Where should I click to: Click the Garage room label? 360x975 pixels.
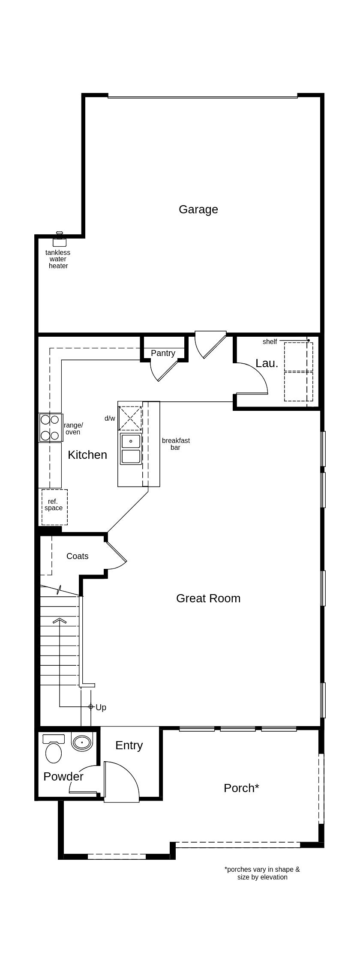click(x=198, y=209)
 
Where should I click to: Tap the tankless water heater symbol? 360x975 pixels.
click(x=60, y=241)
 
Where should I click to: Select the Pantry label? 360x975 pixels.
click(x=163, y=353)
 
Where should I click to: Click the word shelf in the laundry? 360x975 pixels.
click(x=270, y=341)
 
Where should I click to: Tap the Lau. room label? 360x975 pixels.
click(x=267, y=363)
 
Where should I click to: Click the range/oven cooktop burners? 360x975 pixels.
click(x=50, y=428)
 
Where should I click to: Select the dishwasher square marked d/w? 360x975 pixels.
click(x=130, y=418)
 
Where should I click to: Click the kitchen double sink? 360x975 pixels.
click(x=131, y=449)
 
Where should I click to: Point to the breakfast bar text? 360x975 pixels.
click(x=176, y=444)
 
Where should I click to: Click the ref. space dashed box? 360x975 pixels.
click(x=54, y=506)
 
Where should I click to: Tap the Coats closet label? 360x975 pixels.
click(x=77, y=556)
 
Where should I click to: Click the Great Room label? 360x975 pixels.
click(x=208, y=598)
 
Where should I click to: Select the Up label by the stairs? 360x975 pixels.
click(x=101, y=707)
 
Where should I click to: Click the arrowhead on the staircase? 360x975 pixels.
click(x=60, y=620)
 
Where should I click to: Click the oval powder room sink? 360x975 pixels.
click(x=82, y=742)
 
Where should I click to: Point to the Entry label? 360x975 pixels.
click(x=129, y=745)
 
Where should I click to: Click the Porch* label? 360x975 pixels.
click(x=241, y=788)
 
